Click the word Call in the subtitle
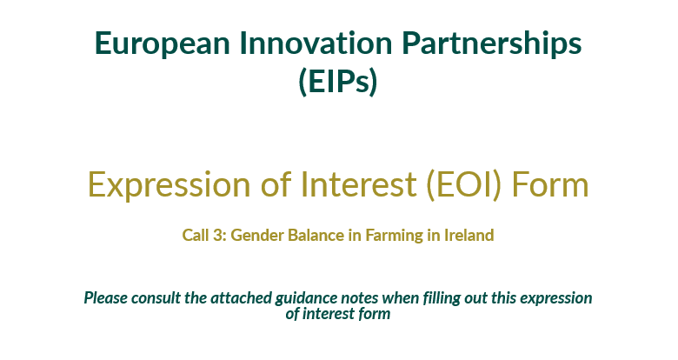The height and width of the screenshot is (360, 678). [x=195, y=235]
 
